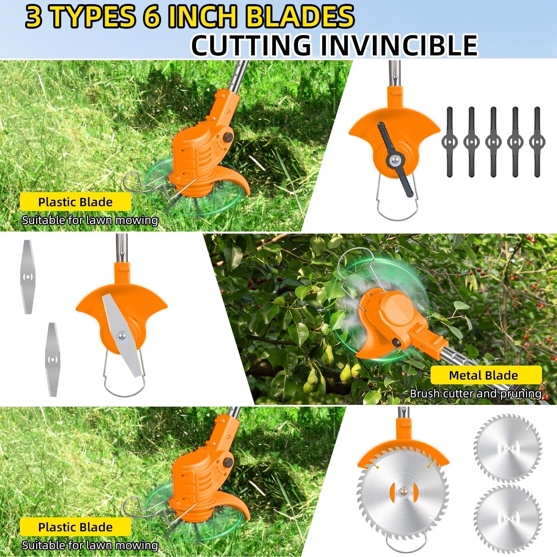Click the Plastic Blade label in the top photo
[x=75, y=202]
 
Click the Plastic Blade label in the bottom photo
[x=75, y=527]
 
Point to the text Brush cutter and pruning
[x=476, y=394]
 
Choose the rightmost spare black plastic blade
[x=537, y=142]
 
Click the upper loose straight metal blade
[x=28, y=277]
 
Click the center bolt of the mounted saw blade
[x=403, y=490]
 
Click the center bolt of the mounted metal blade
[x=122, y=336]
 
